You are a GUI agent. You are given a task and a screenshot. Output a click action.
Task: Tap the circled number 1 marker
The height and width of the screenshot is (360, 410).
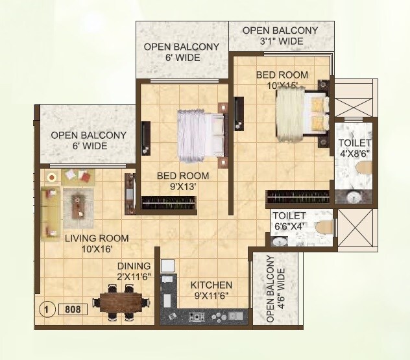point(47,309)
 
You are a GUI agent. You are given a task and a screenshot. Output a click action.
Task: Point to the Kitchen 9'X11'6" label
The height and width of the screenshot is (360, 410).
point(211,291)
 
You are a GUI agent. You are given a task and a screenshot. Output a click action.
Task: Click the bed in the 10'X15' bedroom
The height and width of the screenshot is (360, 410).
point(302,114)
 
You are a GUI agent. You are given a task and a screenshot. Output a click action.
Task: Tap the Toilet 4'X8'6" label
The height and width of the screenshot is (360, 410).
point(354,148)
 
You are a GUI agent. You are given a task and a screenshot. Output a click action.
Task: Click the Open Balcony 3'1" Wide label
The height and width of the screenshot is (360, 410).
point(280,36)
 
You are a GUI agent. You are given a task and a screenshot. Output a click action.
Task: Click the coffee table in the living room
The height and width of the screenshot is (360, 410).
point(78,205)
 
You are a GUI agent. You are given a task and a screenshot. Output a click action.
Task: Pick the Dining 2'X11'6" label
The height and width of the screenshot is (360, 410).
point(134,271)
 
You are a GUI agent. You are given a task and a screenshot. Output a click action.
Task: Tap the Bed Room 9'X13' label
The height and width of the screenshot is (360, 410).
point(182,181)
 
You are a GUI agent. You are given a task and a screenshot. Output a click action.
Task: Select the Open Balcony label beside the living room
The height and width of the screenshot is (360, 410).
point(79,140)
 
